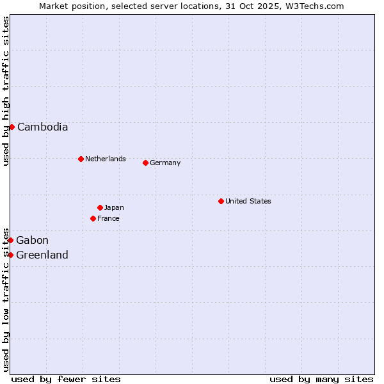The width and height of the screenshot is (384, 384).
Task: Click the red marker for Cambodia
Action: [x=12, y=127]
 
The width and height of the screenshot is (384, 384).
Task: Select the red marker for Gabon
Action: [x=11, y=240]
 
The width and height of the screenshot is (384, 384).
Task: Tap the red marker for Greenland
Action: [x=11, y=255]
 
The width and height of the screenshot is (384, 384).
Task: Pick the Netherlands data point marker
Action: [x=81, y=159]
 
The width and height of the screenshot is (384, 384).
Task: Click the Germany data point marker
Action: [x=145, y=163]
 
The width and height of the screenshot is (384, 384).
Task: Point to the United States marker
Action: [x=221, y=201]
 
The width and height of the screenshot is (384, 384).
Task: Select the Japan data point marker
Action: [x=100, y=207]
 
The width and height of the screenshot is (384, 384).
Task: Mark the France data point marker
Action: [x=93, y=218]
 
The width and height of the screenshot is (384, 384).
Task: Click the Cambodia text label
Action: [x=42, y=127]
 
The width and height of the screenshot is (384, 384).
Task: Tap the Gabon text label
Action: [x=32, y=240]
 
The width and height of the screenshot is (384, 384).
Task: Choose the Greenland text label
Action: [x=42, y=255]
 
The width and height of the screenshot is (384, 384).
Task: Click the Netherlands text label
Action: [x=106, y=159]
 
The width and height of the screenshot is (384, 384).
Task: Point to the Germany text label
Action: [x=165, y=163]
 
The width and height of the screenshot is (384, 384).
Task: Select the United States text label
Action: [x=248, y=201]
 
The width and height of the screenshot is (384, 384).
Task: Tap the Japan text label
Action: [x=114, y=207]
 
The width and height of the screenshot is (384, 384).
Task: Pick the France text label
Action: [x=108, y=218]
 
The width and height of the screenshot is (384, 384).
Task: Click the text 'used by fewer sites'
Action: [x=66, y=379]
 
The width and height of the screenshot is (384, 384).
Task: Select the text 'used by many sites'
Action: [x=321, y=379]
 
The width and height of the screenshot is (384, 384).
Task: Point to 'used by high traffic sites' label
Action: [x=6, y=91]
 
